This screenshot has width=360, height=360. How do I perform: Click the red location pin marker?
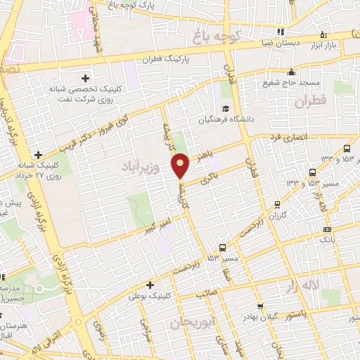click(x=181, y=165)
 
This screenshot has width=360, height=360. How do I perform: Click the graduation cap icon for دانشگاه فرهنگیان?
click(x=225, y=108)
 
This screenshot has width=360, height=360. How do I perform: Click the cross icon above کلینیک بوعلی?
click(x=149, y=285)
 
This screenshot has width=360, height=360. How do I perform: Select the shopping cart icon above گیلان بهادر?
click(x=261, y=306)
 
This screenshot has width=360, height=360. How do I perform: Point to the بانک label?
click(x=327, y=240)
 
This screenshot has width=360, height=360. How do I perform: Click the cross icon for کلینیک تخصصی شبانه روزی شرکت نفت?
click(x=86, y=77)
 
